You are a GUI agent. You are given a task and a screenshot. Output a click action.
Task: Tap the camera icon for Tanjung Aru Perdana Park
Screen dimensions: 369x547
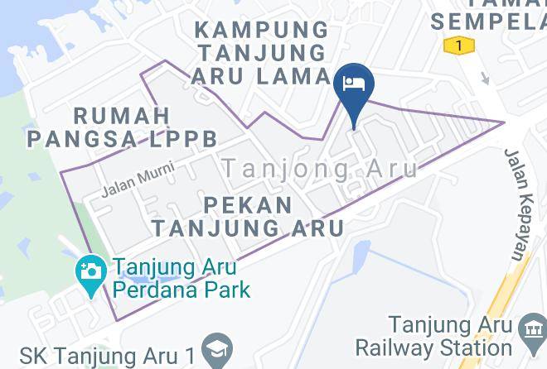click(x=89, y=271)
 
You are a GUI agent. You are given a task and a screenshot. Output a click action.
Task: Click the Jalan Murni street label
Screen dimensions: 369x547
click(x=130, y=184)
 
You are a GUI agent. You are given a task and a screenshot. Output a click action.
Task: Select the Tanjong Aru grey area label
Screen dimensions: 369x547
click(x=320, y=168)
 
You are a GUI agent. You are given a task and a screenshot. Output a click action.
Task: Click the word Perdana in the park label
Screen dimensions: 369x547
click(x=152, y=290)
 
